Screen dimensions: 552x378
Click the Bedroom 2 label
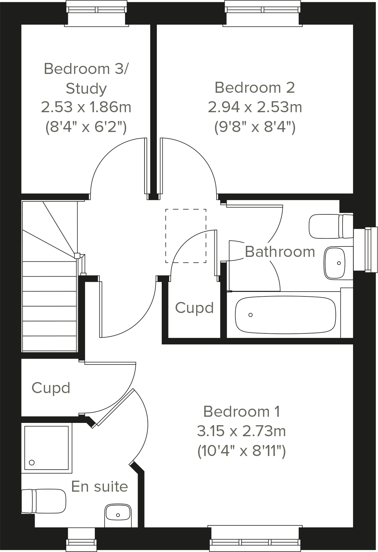click(255, 88)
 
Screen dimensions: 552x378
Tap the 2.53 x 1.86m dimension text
click(86, 107)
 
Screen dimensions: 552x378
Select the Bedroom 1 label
click(242, 412)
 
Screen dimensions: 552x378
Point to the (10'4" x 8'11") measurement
click(242, 451)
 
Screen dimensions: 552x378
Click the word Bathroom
click(280, 252)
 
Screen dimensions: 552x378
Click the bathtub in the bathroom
click(285, 315)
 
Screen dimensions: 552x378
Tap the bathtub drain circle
click(250, 315)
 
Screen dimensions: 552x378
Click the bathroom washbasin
click(334, 263)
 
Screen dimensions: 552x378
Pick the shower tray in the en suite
click(46, 448)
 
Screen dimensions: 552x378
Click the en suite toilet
click(44, 501)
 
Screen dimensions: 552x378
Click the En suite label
click(99, 486)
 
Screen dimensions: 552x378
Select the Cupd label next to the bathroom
click(194, 308)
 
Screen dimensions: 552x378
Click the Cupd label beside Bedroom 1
click(51, 388)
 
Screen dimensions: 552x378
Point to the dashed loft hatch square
click(186, 236)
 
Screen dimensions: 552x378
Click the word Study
click(86, 89)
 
